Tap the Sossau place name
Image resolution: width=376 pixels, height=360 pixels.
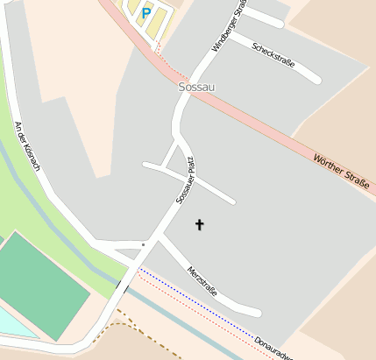tap(196, 88)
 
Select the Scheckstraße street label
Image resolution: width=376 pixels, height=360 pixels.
tap(273, 54)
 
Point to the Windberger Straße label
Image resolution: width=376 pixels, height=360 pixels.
tap(224, 25)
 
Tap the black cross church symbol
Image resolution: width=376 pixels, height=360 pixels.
tap(199, 225)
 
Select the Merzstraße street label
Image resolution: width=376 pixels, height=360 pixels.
tap(202, 281)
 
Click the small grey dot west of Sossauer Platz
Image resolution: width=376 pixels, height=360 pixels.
tap(143, 244)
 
